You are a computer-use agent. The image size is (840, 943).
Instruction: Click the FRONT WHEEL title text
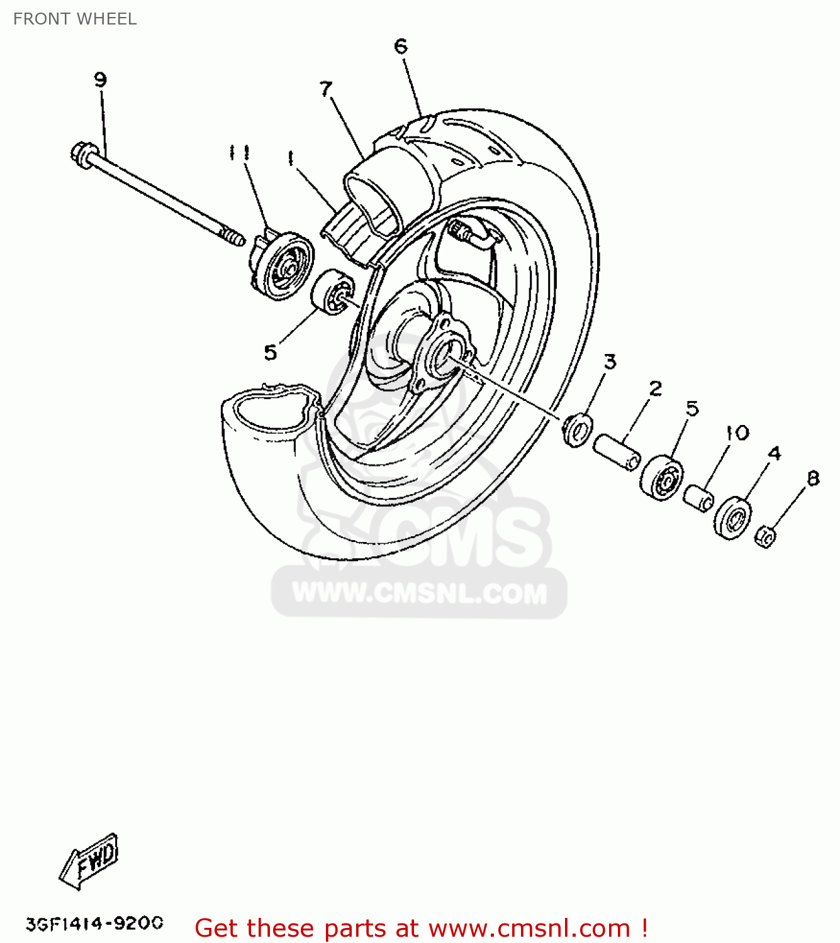click(x=75, y=19)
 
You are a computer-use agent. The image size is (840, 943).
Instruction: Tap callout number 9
click(x=100, y=80)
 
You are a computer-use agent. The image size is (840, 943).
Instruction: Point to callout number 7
click(x=325, y=89)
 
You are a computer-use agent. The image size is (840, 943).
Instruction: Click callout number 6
click(x=401, y=46)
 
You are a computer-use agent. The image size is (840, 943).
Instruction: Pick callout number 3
click(x=610, y=361)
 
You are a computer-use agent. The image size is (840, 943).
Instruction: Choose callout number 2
click(x=655, y=388)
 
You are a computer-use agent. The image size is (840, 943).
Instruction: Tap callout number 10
click(x=737, y=433)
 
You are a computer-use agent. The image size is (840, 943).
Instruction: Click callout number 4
click(x=774, y=453)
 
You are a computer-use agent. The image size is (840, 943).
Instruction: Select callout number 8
click(x=813, y=478)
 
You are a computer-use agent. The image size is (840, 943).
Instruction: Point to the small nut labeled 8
click(x=765, y=536)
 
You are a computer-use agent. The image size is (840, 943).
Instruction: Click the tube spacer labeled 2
click(x=617, y=451)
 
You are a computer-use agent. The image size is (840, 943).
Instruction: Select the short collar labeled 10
click(x=698, y=498)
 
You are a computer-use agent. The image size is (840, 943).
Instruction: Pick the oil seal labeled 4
click(x=733, y=517)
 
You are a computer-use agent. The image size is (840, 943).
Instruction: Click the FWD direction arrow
click(x=89, y=861)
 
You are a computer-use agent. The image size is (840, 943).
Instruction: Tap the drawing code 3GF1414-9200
click(x=94, y=923)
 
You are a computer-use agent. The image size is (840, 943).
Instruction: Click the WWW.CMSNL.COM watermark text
click(x=420, y=593)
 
